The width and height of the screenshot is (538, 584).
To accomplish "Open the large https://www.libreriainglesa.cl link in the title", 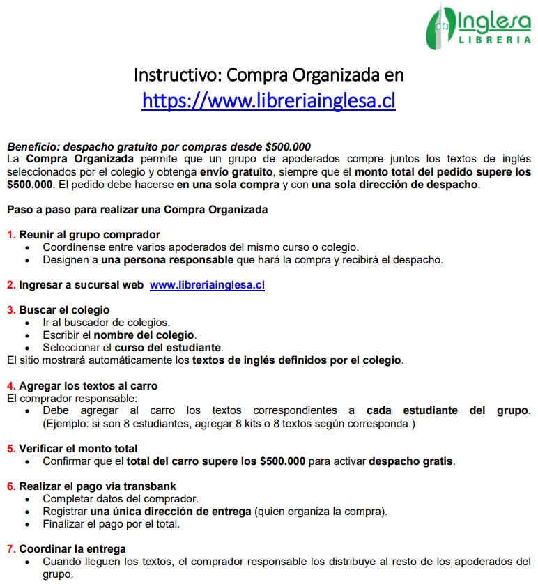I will [x=268, y=100].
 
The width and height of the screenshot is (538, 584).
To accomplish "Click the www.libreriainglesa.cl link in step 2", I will [x=207, y=285].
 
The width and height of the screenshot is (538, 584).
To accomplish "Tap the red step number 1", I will [x=11, y=235].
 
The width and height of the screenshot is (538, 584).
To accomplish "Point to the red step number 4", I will [x=11, y=385].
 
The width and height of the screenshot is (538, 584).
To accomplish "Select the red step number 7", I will [x=11, y=548].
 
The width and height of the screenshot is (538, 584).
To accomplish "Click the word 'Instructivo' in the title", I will [x=176, y=74].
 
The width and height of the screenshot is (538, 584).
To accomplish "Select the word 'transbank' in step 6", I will [x=153, y=486].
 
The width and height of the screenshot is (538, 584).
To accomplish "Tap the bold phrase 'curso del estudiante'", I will [x=168, y=348].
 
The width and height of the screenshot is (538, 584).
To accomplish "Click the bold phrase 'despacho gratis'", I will [x=411, y=461].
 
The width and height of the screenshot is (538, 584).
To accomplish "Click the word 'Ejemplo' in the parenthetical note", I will [x=68, y=423].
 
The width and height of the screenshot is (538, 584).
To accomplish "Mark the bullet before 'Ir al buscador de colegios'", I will [x=27, y=323].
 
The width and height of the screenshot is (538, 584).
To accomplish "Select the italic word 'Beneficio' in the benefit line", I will [x=32, y=147].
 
